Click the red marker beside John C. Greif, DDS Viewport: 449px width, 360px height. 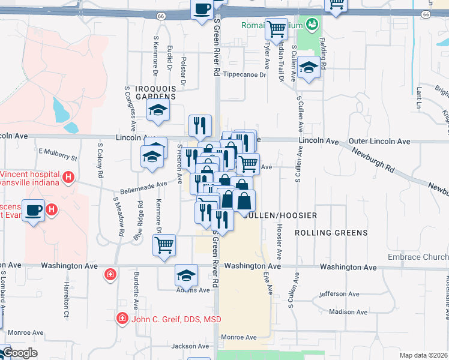pos(122,317)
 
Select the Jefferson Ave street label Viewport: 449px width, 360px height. pos(342,294)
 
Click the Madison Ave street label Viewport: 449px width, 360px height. pos(348,311)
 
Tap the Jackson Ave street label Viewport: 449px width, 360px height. pos(190,346)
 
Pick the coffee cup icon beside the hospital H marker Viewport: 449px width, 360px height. pos(34,209)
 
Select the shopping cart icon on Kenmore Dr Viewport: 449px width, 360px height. pos(164,245)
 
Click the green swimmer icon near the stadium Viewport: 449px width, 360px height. pos(312,25)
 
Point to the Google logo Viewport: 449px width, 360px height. pos(20,353)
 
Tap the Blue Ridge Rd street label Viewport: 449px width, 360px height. pos(139,221)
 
